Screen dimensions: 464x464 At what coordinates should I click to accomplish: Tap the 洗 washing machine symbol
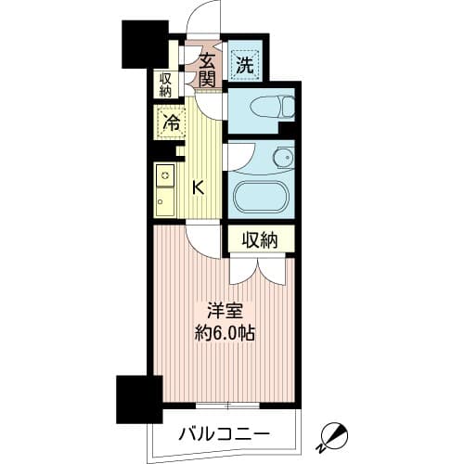(243, 64)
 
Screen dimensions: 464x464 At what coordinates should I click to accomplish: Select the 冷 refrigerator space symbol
(171, 121)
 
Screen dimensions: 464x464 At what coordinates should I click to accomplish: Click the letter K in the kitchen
(198, 187)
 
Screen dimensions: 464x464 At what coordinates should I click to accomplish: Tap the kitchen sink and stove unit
(165, 191)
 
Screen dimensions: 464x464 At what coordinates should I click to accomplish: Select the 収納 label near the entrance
(165, 85)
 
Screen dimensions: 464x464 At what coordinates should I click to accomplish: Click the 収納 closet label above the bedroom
(261, 239)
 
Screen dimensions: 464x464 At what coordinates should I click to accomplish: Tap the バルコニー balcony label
(224, 433)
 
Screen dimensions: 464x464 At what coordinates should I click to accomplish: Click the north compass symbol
(331, 433)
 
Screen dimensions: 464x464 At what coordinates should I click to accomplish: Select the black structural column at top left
(140, 41)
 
